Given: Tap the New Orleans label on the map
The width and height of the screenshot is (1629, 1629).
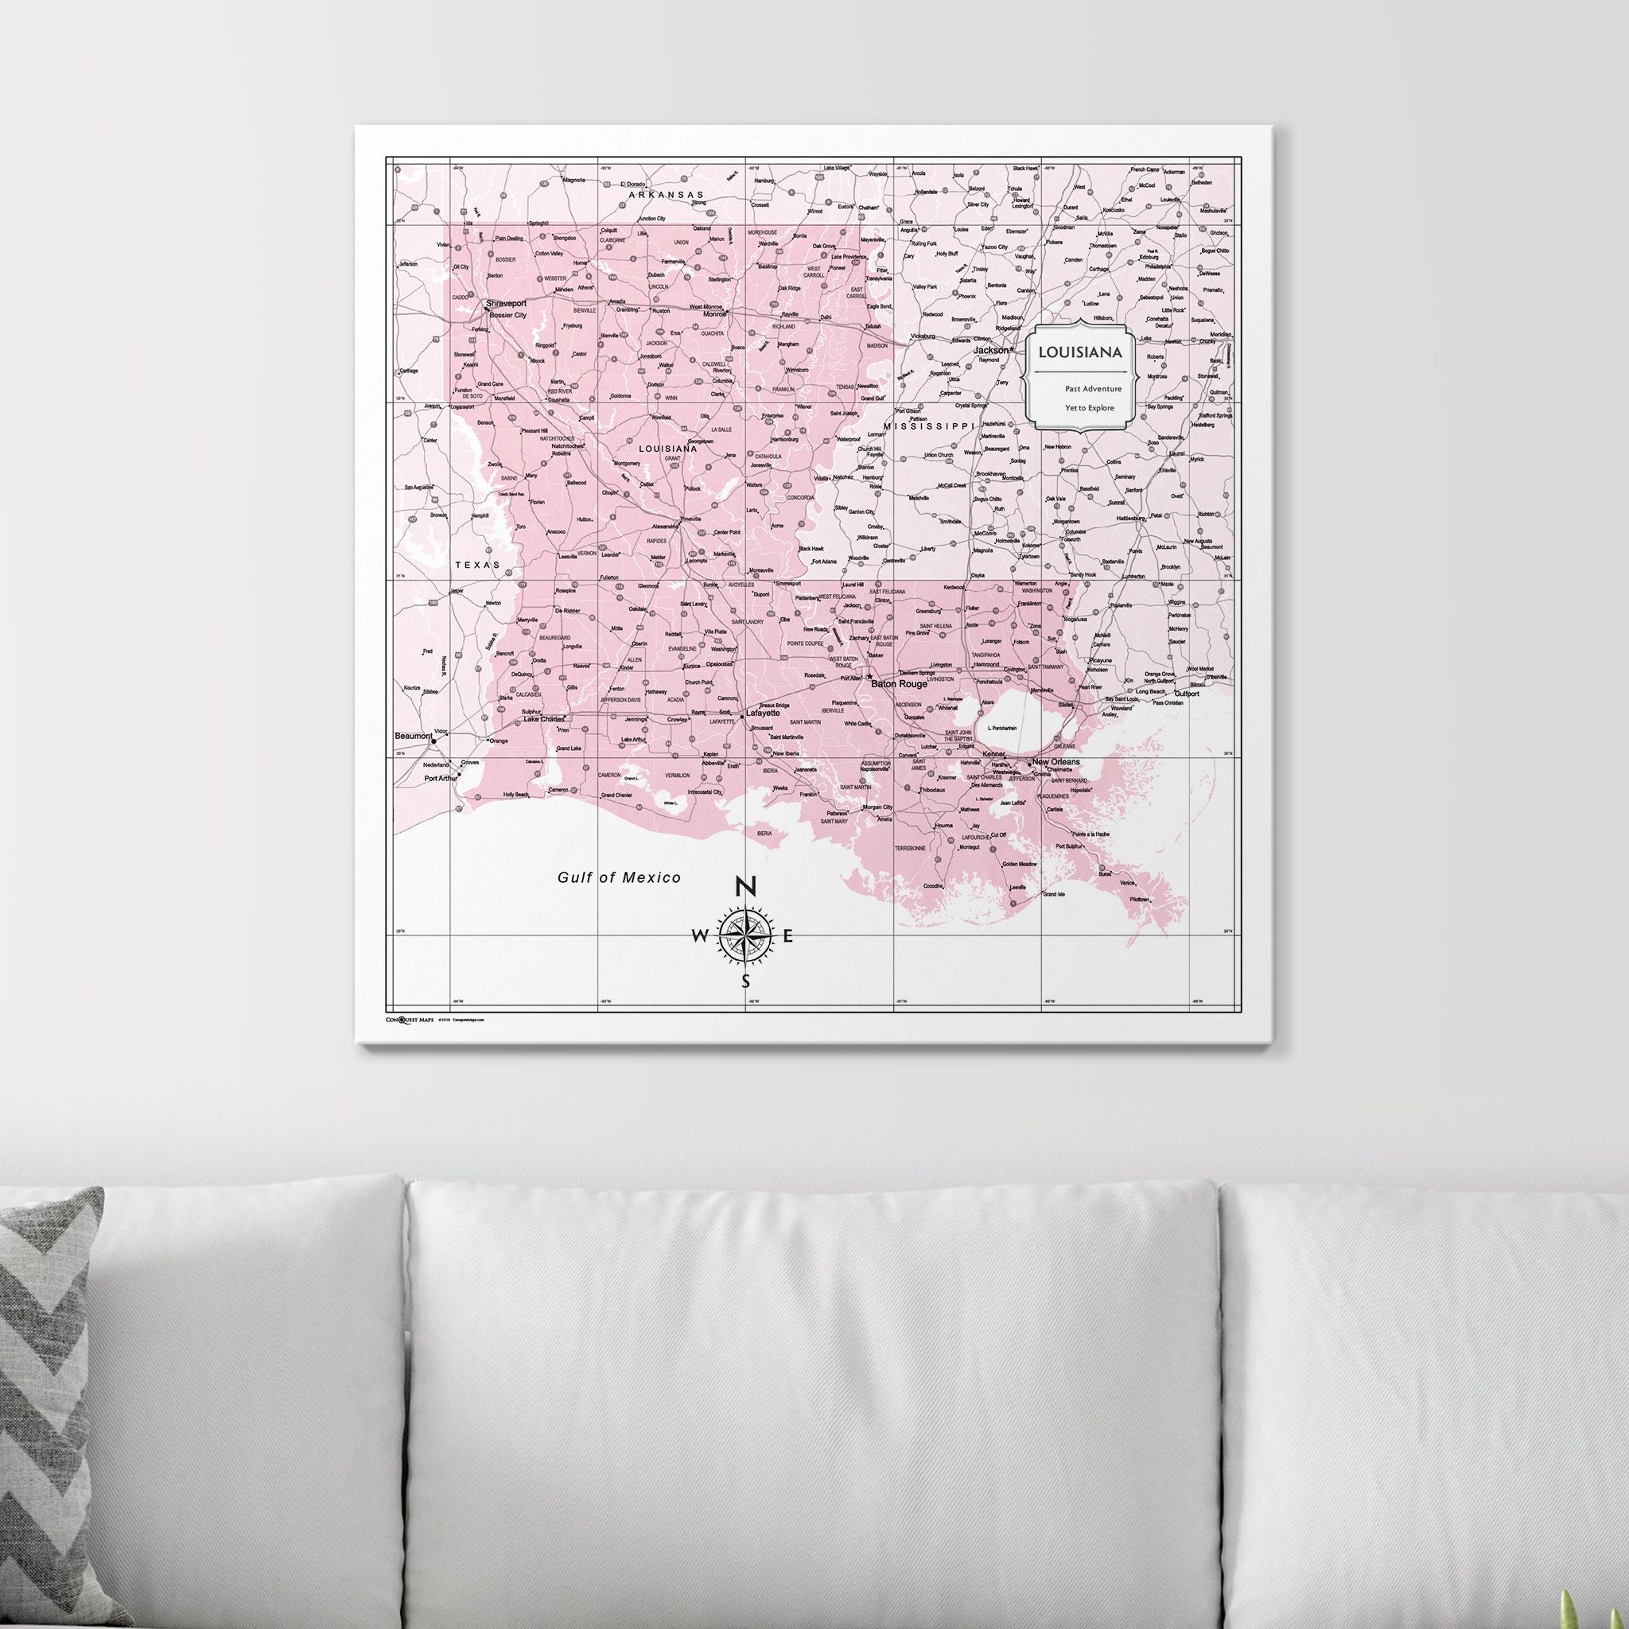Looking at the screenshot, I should tap(1056, 761).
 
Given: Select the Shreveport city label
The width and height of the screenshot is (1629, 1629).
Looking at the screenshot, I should tap(506, 304).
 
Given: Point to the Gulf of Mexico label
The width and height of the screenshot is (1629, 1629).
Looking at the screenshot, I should tap(619, 878).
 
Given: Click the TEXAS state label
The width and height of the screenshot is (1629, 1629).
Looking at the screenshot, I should tap(476, 565).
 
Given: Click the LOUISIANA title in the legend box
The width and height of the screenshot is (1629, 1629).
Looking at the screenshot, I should tap(1080, 351).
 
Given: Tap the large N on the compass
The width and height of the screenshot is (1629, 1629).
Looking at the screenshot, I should tap(745, 885).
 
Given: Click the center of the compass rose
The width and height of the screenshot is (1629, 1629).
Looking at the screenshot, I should tap(746, 935).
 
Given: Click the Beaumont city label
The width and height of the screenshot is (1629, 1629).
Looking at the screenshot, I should tap(414, 736).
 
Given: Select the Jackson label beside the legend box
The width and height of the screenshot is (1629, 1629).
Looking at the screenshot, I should tap(992, 349).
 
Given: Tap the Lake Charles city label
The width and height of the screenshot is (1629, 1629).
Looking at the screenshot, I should tap(544, 719).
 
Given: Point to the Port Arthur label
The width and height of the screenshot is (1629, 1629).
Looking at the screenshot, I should tap(440, 778).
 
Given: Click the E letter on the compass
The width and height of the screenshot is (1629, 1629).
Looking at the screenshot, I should tap(788, 936).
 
